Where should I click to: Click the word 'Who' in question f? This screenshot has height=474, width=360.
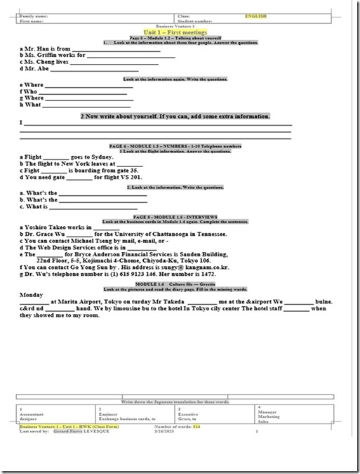coord(30,91)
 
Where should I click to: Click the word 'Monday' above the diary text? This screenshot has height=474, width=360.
coord(32,294)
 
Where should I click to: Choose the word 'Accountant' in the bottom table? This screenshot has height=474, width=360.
coord(35,415)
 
